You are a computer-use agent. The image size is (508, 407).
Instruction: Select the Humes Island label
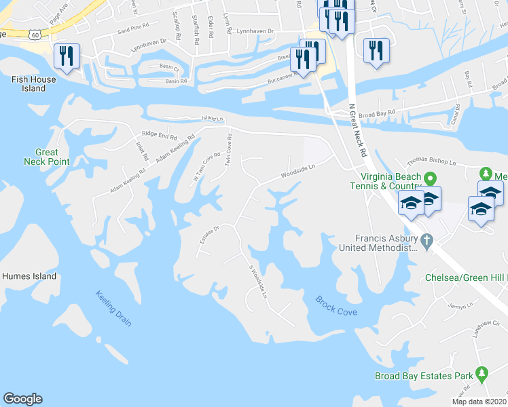(x=29, y=276)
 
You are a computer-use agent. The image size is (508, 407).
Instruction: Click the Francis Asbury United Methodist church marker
(x=426, y=240)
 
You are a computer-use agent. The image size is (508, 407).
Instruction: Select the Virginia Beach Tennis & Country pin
(x=430, y=179)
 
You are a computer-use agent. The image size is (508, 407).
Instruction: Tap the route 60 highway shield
(x=36, y=33)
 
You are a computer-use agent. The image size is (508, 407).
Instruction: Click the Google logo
(x=22, y=399)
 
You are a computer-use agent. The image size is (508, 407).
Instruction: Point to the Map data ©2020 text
(x=479, y=402)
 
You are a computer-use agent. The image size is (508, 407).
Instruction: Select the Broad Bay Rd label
(x=376, y=115)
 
